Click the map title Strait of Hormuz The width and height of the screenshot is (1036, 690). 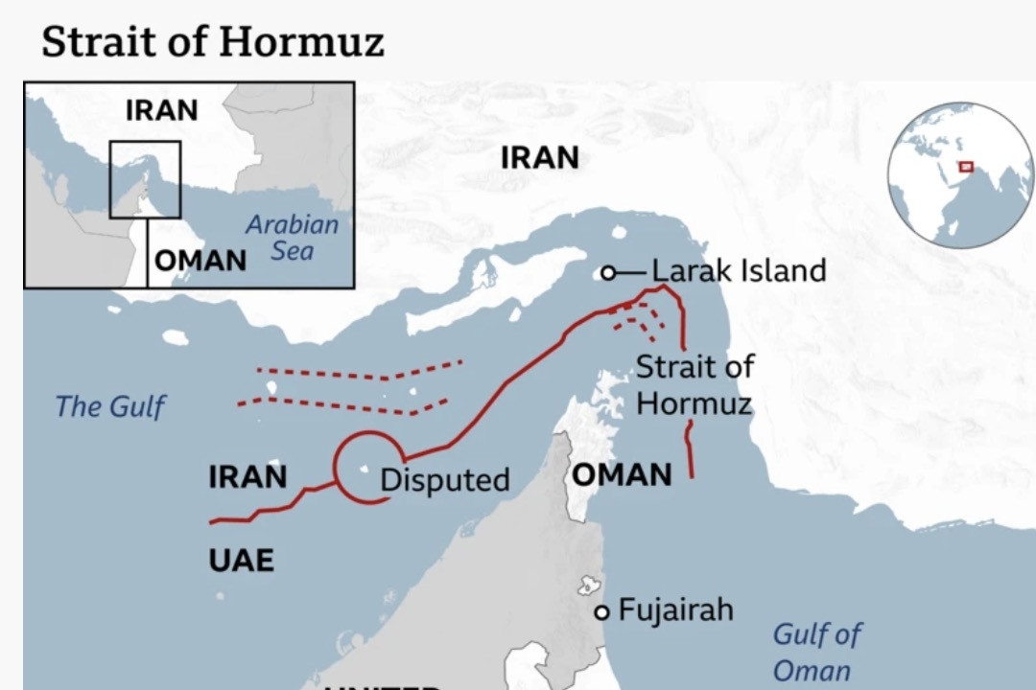click(212, 41)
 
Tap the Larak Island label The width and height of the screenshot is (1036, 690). click(739, 270)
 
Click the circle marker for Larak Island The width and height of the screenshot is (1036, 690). click(607, 273)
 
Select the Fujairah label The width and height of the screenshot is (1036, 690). click(675, 609)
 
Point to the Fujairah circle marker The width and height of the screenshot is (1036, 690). click(601, 612)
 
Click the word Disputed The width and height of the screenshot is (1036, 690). click(444, 479)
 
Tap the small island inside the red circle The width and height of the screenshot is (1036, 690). click(365, 469)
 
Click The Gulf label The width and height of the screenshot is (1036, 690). click(109, 406)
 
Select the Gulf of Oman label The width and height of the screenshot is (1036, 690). click(816, 652)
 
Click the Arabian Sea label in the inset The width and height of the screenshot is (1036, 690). click(292, 238)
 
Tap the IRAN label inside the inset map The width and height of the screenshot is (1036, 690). click(161, 110)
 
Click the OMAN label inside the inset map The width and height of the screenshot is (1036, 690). click(200, 260)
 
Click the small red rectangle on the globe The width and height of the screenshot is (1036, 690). click(965, 167)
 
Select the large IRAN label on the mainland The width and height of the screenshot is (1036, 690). click(540, 157)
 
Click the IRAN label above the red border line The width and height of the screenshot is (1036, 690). click(247, 476)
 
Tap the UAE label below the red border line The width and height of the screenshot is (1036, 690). click(241, 560)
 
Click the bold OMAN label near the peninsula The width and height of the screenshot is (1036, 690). click(622, 473)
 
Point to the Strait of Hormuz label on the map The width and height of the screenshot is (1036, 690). click(695, 384)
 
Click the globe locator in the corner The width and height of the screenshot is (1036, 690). click(960, 175)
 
